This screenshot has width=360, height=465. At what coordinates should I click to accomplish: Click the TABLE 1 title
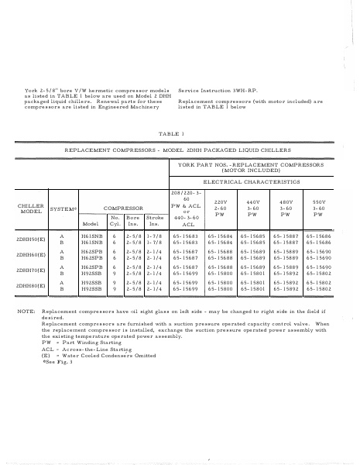[179, 133]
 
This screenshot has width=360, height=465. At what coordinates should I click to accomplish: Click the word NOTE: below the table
[26, 332]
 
